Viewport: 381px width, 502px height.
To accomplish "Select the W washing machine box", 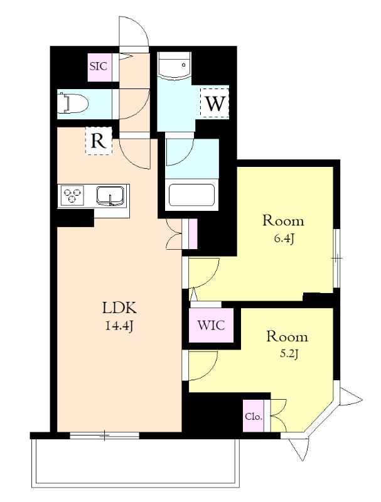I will pyautogui.click(x=215, y=103).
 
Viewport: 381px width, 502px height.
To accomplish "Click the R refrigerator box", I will pyautogui.click(x=98, y=141).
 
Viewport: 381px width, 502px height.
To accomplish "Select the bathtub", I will pyautogui.click(x=192, y=196).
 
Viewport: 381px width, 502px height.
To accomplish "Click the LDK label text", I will pyautogui.click(x=119, y=308).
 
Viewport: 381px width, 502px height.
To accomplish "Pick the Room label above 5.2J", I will pyautogui.click(x=287, y=336).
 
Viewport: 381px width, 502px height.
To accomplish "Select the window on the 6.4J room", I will pyautogui.click(x=336, y=257).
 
